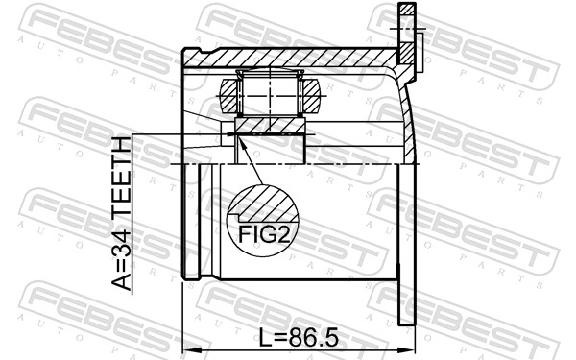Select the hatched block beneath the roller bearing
pos(271,126)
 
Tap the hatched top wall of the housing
pos(288,59)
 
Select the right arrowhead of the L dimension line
pos(409,351)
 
